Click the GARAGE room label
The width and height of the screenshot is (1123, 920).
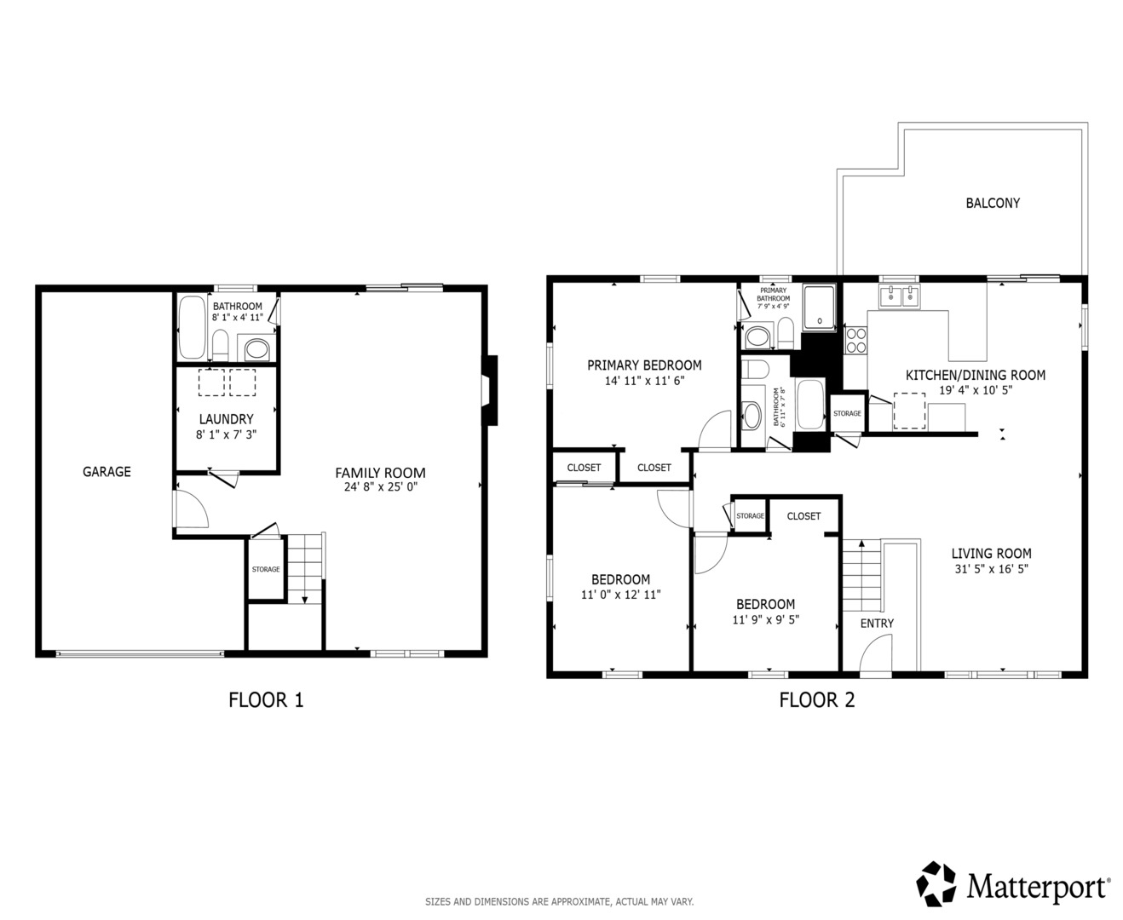pyautogui.click(x=107, y=472)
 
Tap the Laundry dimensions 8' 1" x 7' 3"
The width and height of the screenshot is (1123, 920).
pyautogui.click(x=227, y=434)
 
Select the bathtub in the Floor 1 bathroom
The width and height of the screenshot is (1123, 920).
pyautogui.click(x=193, y=327)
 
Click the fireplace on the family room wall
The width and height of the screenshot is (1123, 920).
pyautogui.click(x=490, y=390)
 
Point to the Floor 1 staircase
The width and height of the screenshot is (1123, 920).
pyautogui.click(x=305, y=568)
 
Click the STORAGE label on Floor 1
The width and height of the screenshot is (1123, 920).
pyautogui.click(x=266, y=569)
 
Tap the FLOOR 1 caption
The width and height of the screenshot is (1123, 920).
pyautogui.click(x=266, y=699)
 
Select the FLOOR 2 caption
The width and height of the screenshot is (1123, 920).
pyautogui.click(x=817, y=699)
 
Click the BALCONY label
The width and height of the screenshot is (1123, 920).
pyautogui.click(x=993, y=203)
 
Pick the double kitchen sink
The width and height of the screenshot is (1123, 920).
pyautogui.click(x=900, y=296)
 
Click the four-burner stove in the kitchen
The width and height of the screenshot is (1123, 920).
pyautogui.click(x=856, y=340)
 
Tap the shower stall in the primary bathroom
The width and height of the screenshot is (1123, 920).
pyautogui.click(x=820, y=308)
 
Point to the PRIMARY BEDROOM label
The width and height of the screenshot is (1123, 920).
pyautogui.click(x=644, y=365)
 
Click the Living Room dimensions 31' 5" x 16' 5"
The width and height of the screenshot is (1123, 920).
pyautogui.click(x=991, y=569)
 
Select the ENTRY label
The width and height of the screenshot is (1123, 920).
pyautogui.click(x=877, y=623)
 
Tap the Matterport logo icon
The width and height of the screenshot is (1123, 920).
pyautogui.click(x=936, y=883)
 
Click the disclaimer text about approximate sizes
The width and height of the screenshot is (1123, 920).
pyautogui.click(x=559, y=902)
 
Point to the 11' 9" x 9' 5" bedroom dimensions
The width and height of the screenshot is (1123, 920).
pyautogui.click(x=766, y=619)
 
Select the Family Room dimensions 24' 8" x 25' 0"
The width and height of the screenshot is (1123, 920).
pyautogui.click(x=381, y=486)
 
